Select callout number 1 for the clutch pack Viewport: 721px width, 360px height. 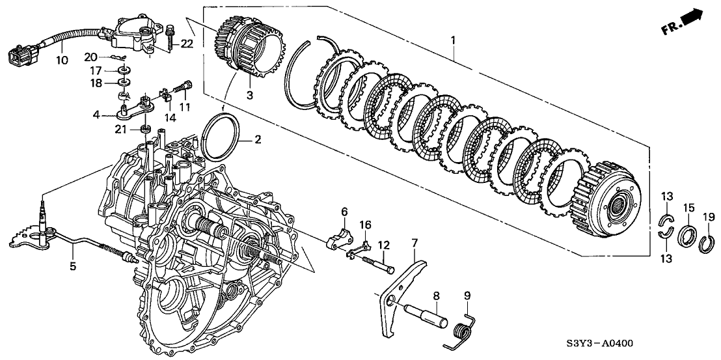coord(454,40)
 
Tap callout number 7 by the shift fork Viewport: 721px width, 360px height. coord(414,243)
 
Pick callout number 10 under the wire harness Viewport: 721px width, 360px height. coord(62,61)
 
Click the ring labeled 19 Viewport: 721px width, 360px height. coord(708,245)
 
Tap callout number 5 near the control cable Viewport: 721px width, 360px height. coord(73,266)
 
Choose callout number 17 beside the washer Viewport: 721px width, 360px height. coord(95,70)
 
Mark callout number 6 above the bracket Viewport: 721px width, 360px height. coord(344,212)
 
